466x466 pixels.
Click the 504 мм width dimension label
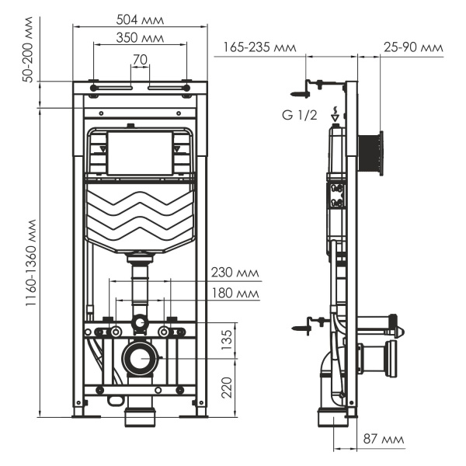[140, 17]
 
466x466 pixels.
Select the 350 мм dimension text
[140, 37]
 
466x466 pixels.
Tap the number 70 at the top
[140, 59]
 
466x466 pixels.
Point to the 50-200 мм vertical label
[29, 53]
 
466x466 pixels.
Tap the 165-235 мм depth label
[259, 47]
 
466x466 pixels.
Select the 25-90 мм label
[412, 47]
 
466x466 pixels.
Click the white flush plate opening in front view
[139, 152]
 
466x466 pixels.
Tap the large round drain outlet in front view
[140, 359]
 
